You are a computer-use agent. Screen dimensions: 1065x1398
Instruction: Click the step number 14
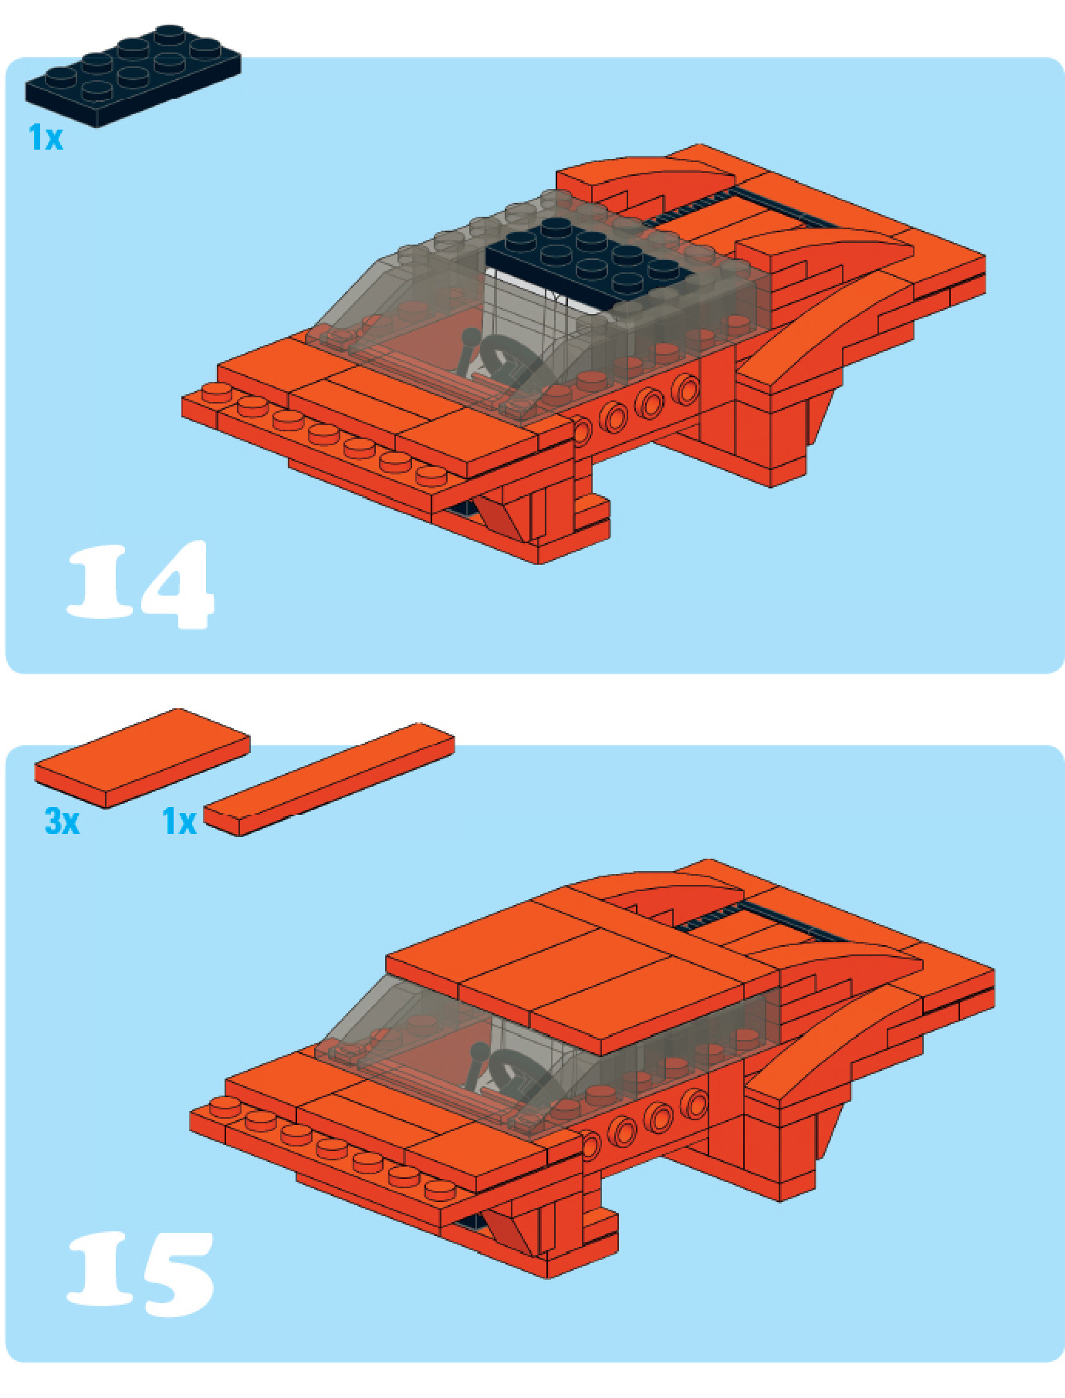(x=140, y=584)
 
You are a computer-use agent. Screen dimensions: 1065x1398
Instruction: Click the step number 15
(x=140, y=1273)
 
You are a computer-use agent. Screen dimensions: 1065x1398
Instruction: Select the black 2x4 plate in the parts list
(x=133, y=76)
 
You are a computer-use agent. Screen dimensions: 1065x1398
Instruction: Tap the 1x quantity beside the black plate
(x=46, y=137)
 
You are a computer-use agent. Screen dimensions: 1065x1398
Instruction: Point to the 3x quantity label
(x=62, y=821)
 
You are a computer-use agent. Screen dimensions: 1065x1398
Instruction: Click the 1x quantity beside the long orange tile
(x=179, y=822)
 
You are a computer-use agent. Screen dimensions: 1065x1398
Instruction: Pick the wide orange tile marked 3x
(x=143, y=758)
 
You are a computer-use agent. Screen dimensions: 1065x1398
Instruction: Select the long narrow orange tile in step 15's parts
(x=330, y=779)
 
